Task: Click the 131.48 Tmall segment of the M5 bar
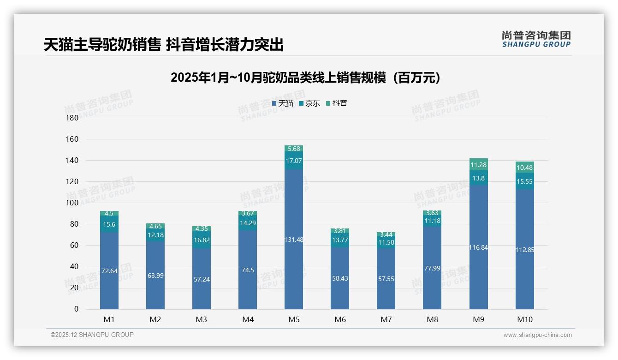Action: [294, 240]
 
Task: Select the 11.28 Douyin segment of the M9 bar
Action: [478, 165]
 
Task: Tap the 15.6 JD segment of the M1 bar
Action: [109, 224]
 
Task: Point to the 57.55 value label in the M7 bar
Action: [386, 279]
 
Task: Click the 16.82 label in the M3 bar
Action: [202, 240]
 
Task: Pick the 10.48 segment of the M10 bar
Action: [524, 168]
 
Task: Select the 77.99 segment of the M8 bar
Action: [432, 268]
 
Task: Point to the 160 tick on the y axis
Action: [72, 139]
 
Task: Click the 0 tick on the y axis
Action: [76, 309]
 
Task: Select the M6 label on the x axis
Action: [340, 319]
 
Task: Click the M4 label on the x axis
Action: [248, 319]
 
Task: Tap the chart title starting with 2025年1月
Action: [305, 78]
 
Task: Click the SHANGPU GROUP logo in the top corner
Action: [536, 39]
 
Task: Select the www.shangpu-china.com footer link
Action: [537, 335]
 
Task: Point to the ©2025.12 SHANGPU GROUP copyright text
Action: [92, 335]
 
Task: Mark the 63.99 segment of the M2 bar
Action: [155, 276]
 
